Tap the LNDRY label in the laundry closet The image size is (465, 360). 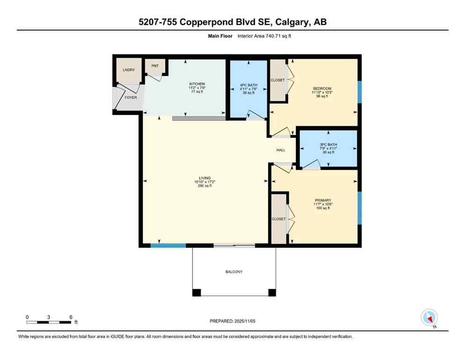click(129, 70)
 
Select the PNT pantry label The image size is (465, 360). click(155, 66)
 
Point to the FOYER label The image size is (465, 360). click(131, 97)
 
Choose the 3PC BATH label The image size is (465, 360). click(328, 144)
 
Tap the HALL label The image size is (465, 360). click(281, 150)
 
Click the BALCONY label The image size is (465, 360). click(233, 272)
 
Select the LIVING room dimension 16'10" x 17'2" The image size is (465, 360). click(205, 182)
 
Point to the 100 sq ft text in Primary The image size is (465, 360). click(323, 208)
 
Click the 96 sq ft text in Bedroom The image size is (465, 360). click(322, 96)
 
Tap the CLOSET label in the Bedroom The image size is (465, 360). click(278, 80)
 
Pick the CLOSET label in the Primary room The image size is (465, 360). click(279, 219)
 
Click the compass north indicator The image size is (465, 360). click(429, 318)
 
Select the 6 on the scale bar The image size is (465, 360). click(71, 317)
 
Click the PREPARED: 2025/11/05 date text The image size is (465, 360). click(233, 321)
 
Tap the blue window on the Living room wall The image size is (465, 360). click(168, 245)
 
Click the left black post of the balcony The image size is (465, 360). click(197, 292)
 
